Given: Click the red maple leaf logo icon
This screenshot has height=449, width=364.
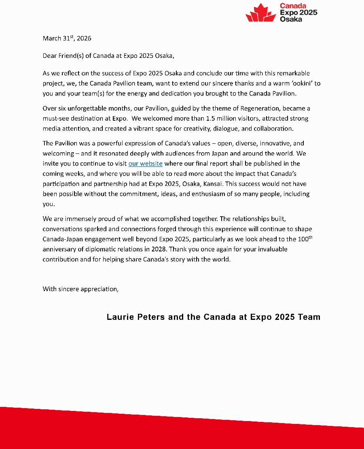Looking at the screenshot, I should (261, 14).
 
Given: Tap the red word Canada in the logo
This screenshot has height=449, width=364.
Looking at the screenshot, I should (293, 6).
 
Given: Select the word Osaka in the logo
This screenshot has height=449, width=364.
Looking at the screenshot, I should (291, 19).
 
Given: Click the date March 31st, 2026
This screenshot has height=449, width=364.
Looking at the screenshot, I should (67, 38).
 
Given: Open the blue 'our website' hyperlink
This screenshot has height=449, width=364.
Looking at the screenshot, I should (145, 164).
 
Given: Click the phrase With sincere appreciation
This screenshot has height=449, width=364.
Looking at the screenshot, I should (80, 289).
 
